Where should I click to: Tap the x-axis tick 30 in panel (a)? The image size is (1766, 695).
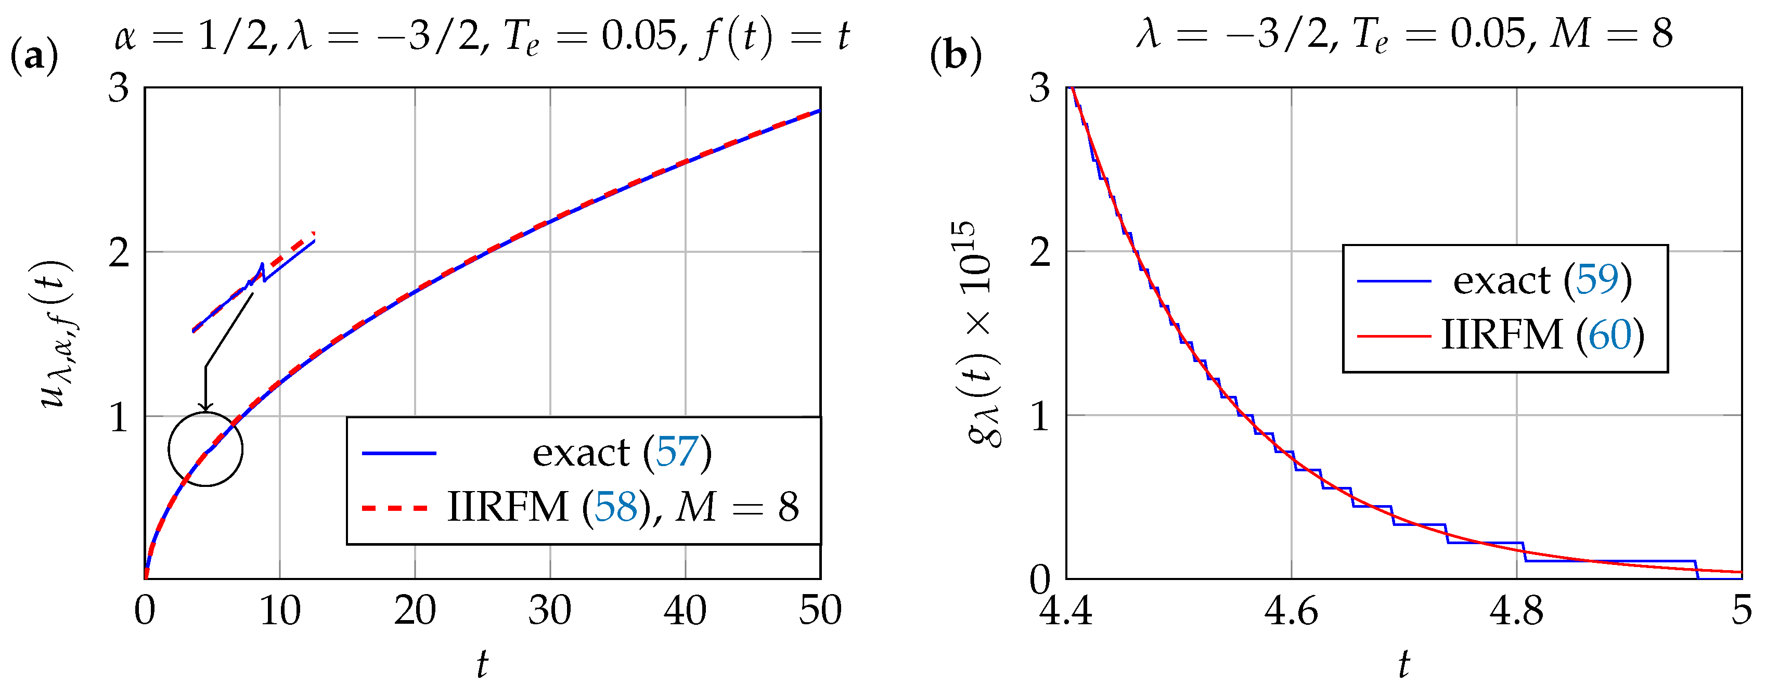pos(549,611)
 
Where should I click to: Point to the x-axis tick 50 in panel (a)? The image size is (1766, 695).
pos(819,611)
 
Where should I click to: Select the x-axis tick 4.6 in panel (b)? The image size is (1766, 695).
pos(1291,611)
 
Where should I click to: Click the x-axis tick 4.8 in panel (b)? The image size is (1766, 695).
pos(1516,611)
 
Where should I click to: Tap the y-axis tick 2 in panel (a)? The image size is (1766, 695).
pos(119,253)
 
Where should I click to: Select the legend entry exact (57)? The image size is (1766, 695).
pos(621,453)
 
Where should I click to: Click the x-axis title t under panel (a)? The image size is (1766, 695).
pos(482,663)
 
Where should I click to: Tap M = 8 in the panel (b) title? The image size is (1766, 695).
pos(1610,33)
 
